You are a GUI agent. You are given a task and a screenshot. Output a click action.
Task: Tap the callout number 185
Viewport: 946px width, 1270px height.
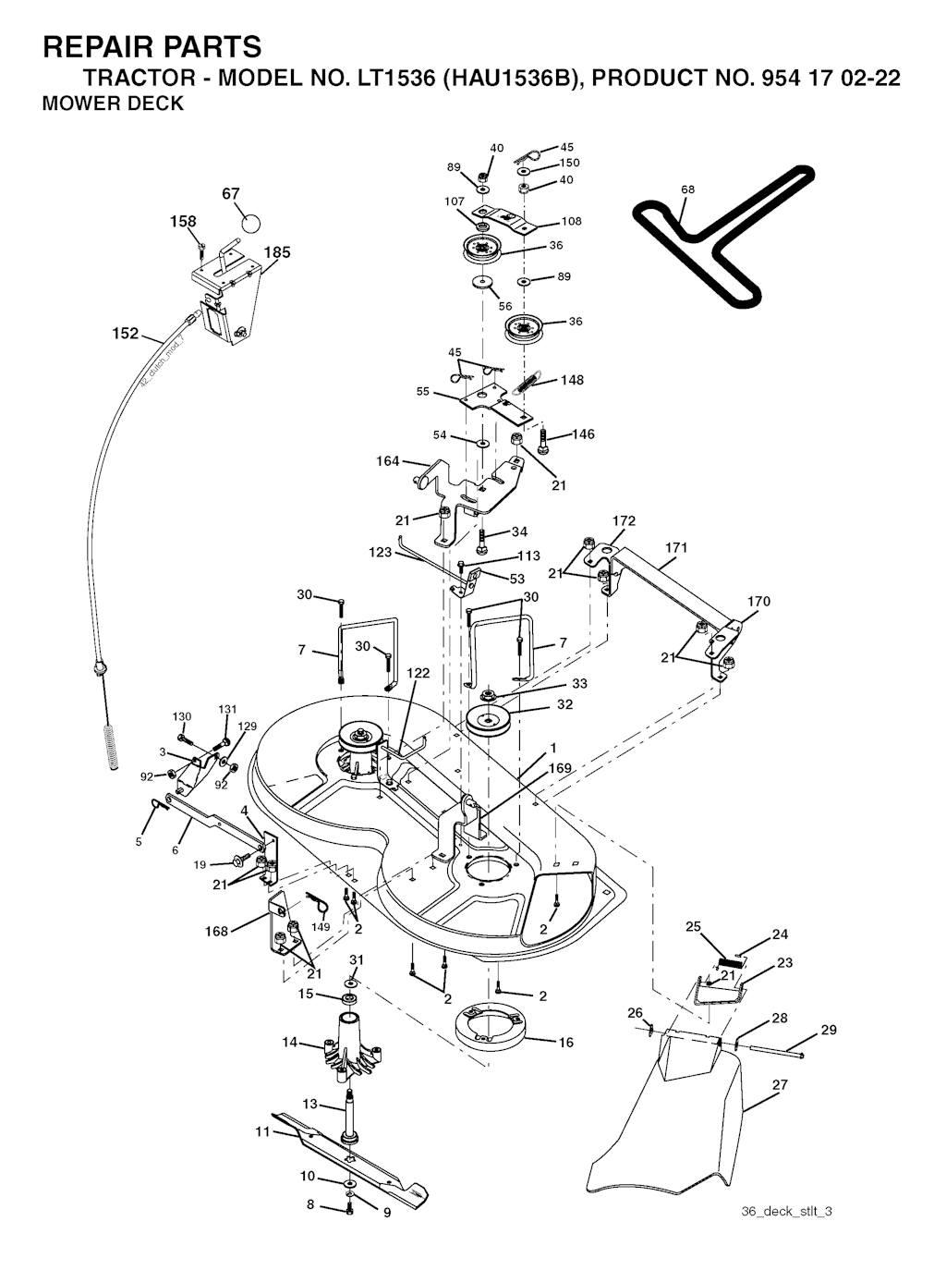[x=277, y=252]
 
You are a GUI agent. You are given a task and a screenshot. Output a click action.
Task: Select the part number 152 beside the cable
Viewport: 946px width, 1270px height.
[x=126, y=334]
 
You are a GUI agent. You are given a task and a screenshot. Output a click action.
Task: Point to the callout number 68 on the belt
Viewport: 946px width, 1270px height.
[x=687, y=189]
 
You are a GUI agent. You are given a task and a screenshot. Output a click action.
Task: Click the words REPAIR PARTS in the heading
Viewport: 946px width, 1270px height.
[x=152, y=46]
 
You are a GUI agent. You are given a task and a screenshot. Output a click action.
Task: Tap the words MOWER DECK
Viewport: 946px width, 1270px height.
[x=113, y=104]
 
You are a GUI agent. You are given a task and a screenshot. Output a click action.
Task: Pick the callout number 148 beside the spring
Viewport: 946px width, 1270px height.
[x=572, y=380]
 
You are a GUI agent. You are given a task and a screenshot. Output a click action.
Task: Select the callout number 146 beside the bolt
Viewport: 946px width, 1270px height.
[x=583, y=434]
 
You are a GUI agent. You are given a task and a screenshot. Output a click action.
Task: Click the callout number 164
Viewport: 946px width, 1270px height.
[x=387, y=460]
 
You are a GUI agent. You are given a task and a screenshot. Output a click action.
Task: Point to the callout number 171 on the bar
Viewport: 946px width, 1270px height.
[x=676, y=547]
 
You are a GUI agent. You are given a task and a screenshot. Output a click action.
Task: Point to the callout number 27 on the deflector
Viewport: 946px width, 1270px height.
[x=780, y=1084]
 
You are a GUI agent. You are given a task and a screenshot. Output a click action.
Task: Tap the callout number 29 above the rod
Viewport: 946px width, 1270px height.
[x=829, y=1030]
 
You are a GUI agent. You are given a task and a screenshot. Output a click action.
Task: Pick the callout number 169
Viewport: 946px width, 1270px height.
[x=560, y=768]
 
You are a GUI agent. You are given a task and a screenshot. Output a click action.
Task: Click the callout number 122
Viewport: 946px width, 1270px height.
[x=418, y=673]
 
